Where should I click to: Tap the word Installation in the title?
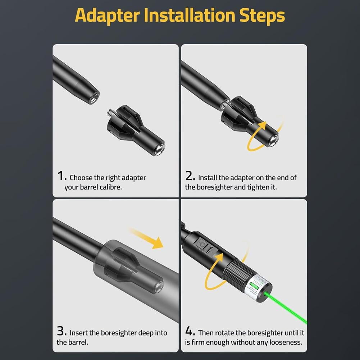(189, 15)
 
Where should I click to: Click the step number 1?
(61, 176)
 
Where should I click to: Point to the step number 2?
(190, 176)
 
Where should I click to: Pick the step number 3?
(61, 331)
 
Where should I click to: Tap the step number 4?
(190, 331)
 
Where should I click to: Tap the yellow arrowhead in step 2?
(262, 127)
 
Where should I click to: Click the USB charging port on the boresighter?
(210, 250)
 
